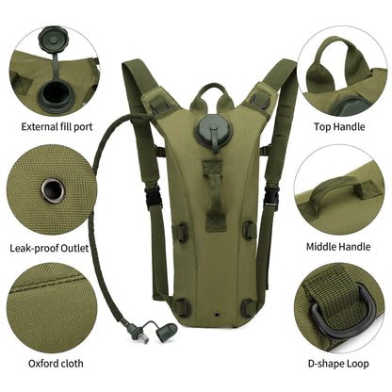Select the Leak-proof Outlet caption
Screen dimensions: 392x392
click(53, 248)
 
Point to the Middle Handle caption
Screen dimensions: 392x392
click(338, 248)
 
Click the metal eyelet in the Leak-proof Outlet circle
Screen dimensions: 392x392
click(53, 188)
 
